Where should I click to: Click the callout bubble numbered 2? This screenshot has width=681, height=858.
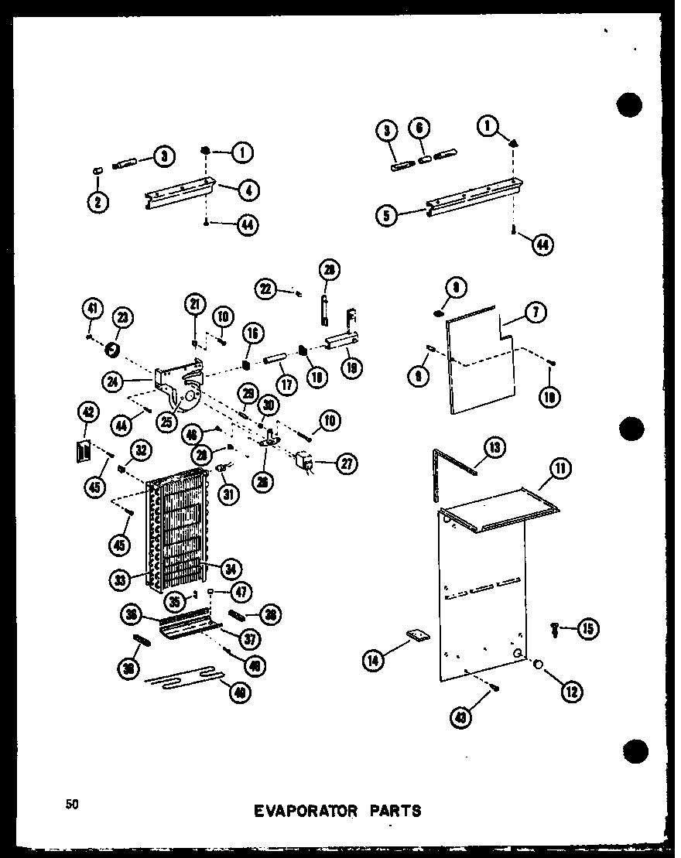pyautogui.click(x=98, y=202)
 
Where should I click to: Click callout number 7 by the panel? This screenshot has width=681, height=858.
pyautogui.click(x=536, y=313)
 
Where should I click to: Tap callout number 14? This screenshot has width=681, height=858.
pyautogui.click(x=374, y=660)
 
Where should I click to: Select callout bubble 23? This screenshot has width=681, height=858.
pyautogui.click(x=121, y=316)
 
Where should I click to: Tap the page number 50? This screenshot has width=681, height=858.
pyautogui.click(x=71, y=805)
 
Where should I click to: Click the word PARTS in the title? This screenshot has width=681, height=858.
pyautogui.click(x=395, y=811)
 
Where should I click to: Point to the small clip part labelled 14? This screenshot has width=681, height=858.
pyautogui.click(x=418, y=636)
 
